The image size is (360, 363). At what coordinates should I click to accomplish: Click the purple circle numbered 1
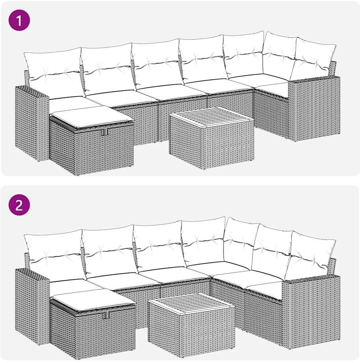pyautogui.click(x=19, y=21)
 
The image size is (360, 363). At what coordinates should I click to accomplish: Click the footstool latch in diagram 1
pyautogui.click(x=106, y=132)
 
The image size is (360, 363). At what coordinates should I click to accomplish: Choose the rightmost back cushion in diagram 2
pyautogui.click(x=310, y=255)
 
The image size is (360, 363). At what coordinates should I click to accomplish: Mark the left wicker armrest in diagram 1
pyautogui.click(x=32, y=124)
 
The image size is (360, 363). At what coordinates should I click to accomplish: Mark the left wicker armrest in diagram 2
pyautogui.click(x=32, y=307)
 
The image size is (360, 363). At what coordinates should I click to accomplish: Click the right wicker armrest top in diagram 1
pyautogui.click(x=314, y=79)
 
